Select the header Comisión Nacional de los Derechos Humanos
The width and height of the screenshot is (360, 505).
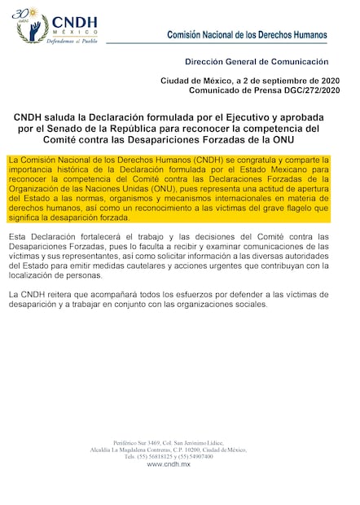point(247,35)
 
